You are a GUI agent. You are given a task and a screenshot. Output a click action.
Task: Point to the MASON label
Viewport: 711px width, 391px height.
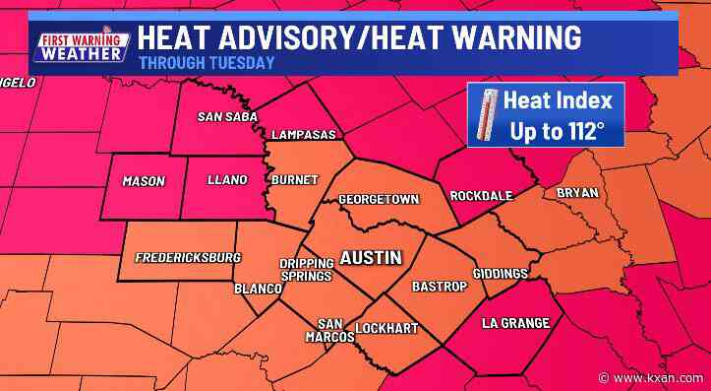[x=143, y=181]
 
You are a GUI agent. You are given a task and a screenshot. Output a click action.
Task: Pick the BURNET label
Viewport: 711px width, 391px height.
[x=296, y=180]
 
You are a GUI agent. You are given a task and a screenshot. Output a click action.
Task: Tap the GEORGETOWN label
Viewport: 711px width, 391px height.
[x=379, y=200]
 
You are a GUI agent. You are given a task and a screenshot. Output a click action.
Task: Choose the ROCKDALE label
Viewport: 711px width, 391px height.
[x=481, y=196]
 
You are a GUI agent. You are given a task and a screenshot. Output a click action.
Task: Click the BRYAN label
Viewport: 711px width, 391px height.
[x=576, y=193]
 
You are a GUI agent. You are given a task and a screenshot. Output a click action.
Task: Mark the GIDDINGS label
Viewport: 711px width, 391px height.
[x=501, y=273]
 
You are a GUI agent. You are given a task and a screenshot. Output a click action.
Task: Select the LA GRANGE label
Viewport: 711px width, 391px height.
[x=515, y=323]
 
